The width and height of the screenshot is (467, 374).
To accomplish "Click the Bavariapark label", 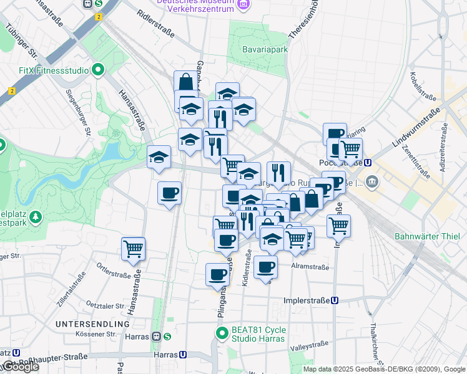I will pos(265,49).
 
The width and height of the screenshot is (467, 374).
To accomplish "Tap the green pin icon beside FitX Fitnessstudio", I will pos(98,70).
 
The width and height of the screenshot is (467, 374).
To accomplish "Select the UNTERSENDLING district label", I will pos(92,324).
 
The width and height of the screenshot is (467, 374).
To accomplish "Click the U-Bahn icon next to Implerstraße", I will pos(335,300).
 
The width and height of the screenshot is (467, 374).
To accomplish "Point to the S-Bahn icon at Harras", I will pos(168,337).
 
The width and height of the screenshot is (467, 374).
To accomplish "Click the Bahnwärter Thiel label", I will pos(427,236).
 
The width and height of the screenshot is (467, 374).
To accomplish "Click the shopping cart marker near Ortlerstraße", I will pos(134,249).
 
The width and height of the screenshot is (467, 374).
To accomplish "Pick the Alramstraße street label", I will pos(310,266).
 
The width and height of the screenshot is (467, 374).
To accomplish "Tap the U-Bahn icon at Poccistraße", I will pos(368,163).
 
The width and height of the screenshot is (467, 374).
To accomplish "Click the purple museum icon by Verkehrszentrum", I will pos(243,6).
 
